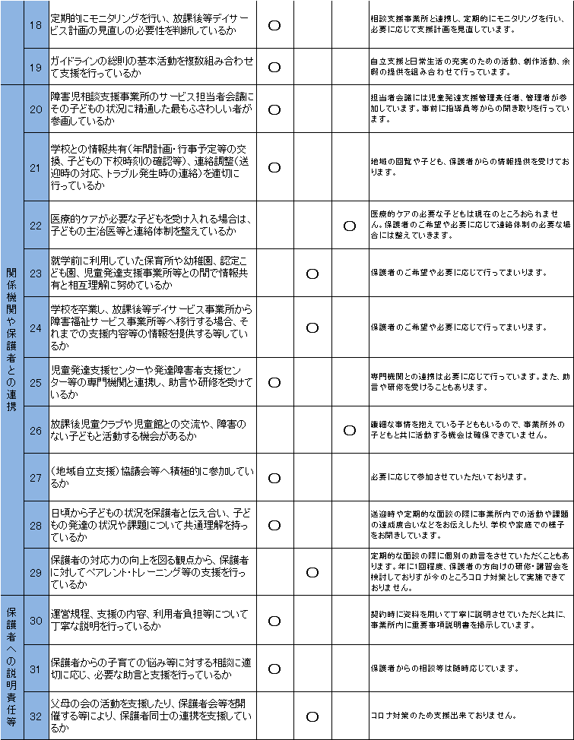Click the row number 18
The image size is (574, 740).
point(35,24)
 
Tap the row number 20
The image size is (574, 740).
point(35,109)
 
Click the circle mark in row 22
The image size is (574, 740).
point(350,226)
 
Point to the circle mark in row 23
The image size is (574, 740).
point(312,274)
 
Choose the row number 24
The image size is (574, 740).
point(35,327)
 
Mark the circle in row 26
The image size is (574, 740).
point(350,430)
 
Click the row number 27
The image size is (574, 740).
point(35,477)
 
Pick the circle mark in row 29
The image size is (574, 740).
point(312,572)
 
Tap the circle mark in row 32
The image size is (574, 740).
point(312,716)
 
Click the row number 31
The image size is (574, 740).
point(35,669)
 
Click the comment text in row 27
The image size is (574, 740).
point(449,477)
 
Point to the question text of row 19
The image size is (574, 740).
point(152,66)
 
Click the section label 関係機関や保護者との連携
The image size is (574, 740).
point(12,340)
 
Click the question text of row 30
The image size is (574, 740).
point(152,620)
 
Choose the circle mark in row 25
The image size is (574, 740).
point(274,382)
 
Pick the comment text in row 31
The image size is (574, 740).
point(445,669)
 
